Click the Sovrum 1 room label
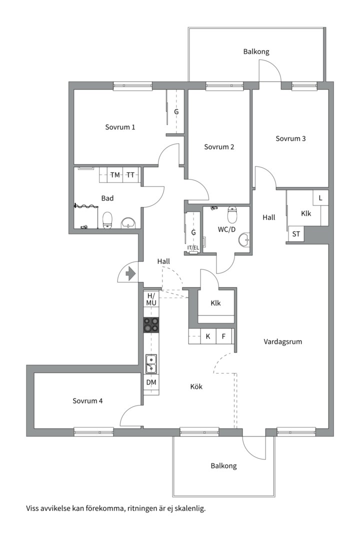pyautogui.click(x=120, y=127)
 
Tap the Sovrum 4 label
pyautogui.click(x=88, y=401)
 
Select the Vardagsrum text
pyautogui.click(x=283, y=342)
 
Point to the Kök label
pyautogui.click(x=196, y=386)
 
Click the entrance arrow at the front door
pyautogui.click(x=131, y=274)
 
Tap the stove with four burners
pyautogui.click(x=151, y=325)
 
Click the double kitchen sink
pyautogui.click(x=151, y=363)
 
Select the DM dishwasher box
pyautogui.click(x=151, y=382)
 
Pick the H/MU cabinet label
pyautogui.click(x=151, y=299)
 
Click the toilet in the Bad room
pyautogui.click(x=107, y=219)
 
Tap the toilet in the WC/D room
pyautogui.click(x=232, y=214)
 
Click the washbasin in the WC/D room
pyautogui.click(x=244, y=240)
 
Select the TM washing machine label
pyautogui.click(x=115, y=175)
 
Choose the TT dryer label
pyautogui.click(x=130, y=175)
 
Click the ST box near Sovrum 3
pyautogui.click(x=296, y=234)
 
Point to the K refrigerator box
pyautogui.click(x=208, y=336)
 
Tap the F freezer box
pyautogui.click(x=223, y=336)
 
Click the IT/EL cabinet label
pyautogui.click(x=193, y=248)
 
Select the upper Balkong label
pyautogui.click(x=256, y=51)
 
